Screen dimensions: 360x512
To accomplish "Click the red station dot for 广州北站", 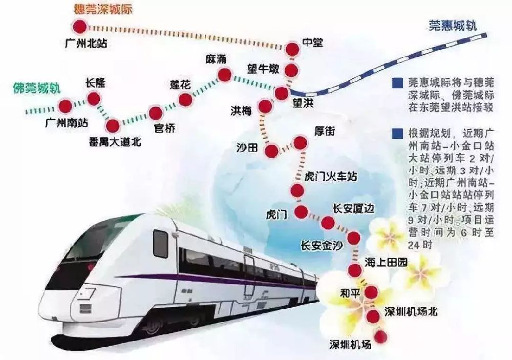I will coord(79,27).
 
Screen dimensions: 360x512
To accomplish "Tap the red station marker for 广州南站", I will coord(65,106).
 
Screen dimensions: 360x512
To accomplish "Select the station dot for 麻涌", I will coord(224,75).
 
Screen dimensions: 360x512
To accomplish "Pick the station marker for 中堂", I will coord(292,49).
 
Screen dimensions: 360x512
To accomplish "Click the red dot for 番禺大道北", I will coord(113,125).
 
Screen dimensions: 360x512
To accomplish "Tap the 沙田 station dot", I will coord(272,151).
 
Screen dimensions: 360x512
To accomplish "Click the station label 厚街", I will coord(324,131).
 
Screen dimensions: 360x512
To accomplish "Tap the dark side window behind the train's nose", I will coord(160,243).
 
